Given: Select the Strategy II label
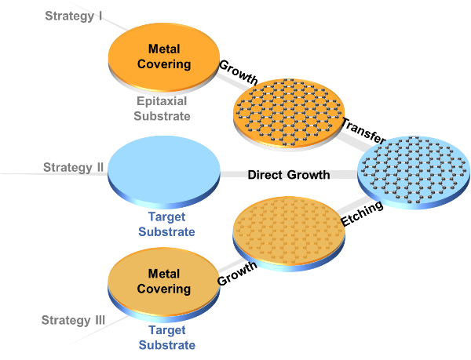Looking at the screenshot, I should [74, 167].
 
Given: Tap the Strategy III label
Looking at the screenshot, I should [73, 320].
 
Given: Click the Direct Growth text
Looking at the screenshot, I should [290, 174].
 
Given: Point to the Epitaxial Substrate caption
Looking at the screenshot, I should [162, 108].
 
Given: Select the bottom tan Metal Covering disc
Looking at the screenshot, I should [164, 302].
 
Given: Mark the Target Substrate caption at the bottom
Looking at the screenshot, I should [166, 338].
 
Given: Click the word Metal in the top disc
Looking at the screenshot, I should [164, 49].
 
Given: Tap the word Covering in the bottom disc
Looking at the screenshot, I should [164, 289].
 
